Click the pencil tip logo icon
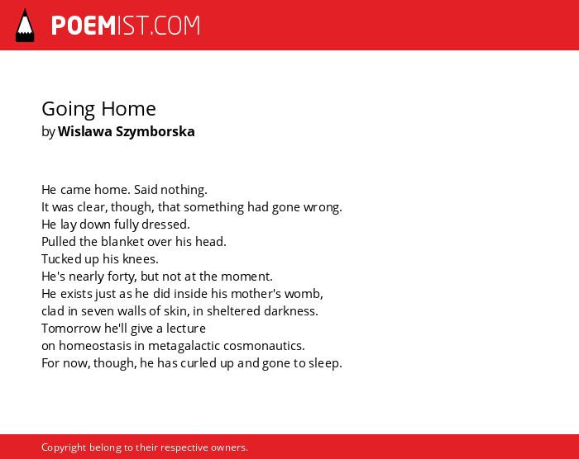[x=25, y=25]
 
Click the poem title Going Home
[x=98, y=110]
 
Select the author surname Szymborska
[x=156, y=132]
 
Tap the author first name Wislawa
[x=85, y=131]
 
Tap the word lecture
[x=186, y=328]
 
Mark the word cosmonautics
[x=264, y=346]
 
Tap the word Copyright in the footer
[x=64, y=447]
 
